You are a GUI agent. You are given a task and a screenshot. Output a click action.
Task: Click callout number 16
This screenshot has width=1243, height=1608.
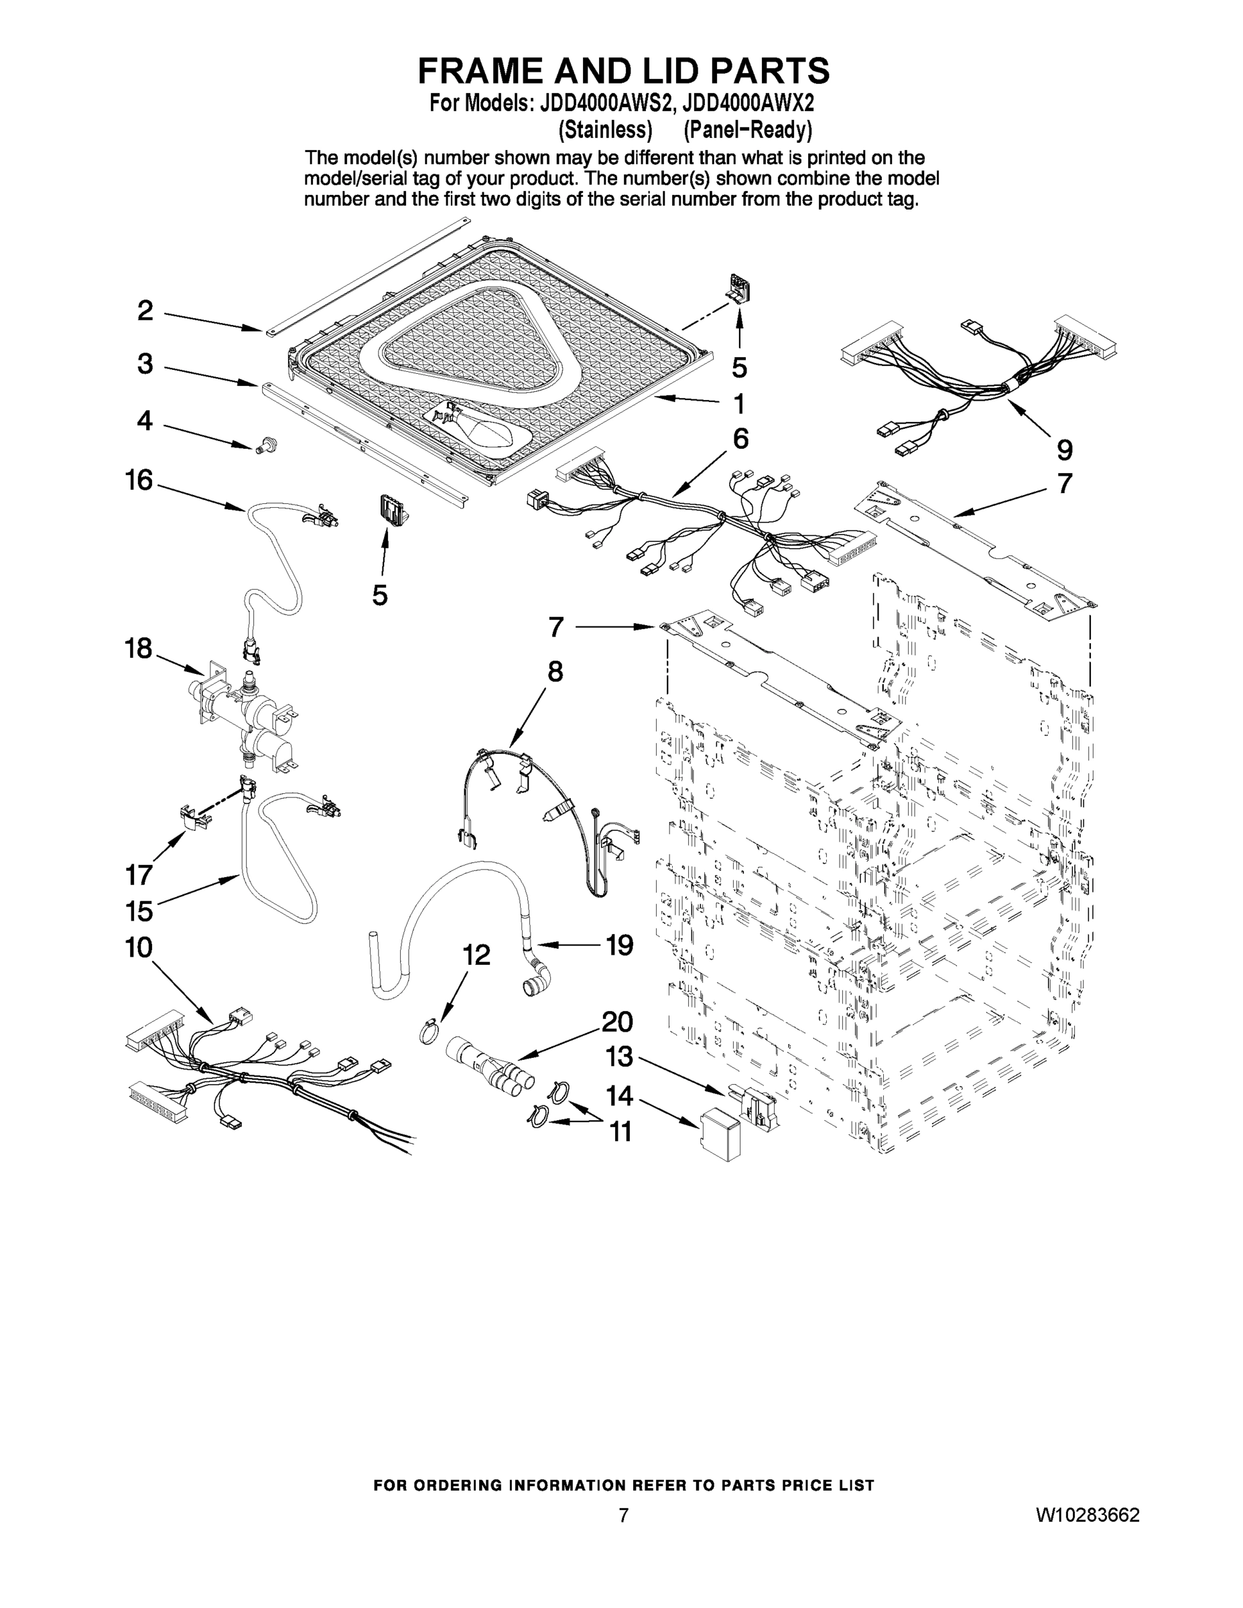click(139, 481)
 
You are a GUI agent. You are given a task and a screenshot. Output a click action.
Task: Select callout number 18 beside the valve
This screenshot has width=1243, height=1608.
click(139, 649)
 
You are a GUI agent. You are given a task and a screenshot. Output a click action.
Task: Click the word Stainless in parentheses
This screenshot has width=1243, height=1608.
click(605, 131)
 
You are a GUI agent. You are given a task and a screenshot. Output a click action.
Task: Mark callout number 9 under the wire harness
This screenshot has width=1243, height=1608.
click(1064, 450)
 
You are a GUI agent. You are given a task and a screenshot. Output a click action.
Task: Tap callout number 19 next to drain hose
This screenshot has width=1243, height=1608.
click(619, 944)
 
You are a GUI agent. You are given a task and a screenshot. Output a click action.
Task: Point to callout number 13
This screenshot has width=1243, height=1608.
click(618, 1057)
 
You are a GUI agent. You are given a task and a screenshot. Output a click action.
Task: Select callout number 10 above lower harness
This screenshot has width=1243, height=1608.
click(139, 947)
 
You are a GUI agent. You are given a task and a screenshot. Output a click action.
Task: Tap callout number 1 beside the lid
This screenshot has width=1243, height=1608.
click(738, 403)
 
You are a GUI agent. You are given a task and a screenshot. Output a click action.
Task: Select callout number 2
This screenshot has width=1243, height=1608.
click(145, 311)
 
